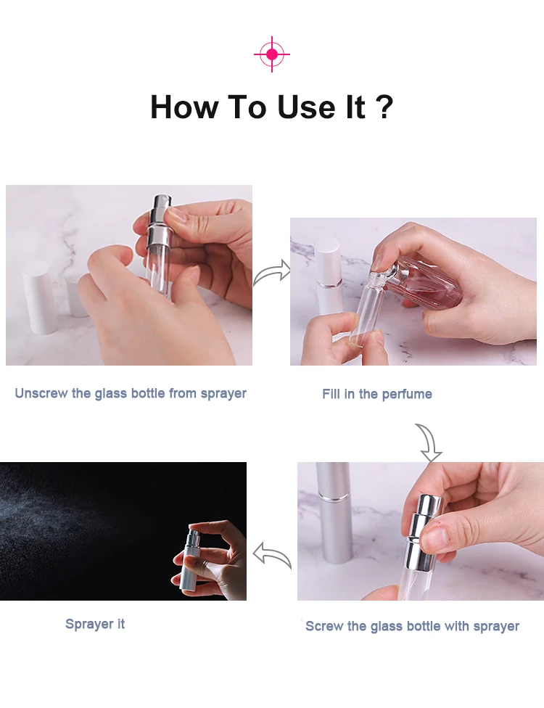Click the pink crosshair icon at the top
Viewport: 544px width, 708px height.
pyautogui.click(x=272, y=54)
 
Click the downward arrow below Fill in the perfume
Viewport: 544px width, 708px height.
pyautogui.click(x=429, y=442)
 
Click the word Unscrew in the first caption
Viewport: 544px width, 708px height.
pyautogui.click(x=41, y=393)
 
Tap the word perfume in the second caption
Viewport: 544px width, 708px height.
pyautogui.click(x=407, y=394)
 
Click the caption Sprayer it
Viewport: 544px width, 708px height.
pyautogui.click(x=95, y=624)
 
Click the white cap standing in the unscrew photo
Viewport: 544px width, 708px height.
pyautogui.click(x=40, y=297)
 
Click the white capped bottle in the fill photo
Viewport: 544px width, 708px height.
pyautogui.click(x=329, y=276)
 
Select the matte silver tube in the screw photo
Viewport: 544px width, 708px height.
pyautogui.click(x=334, y=512)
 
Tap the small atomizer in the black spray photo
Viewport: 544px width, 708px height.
pyautogui.click(x=191, y=560)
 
